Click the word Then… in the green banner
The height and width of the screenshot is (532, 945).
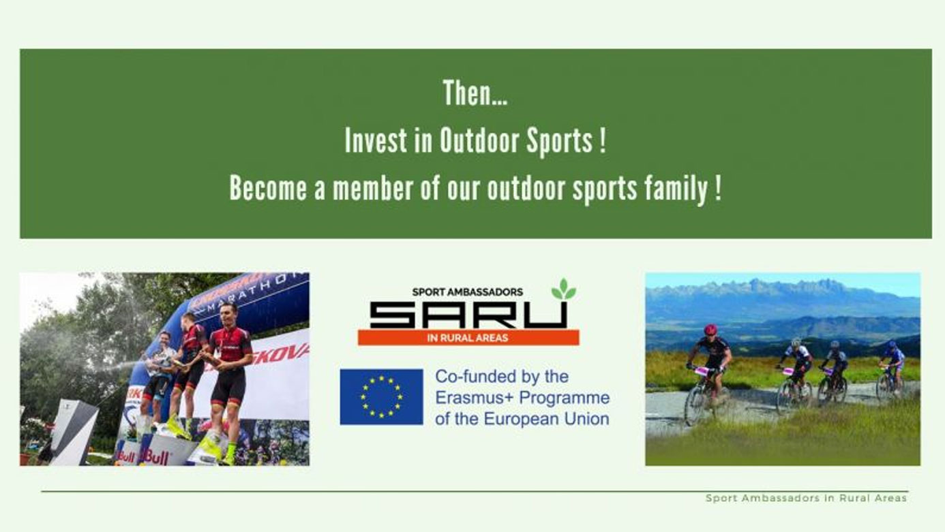(x=475, y=93)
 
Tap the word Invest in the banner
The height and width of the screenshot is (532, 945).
(x=376, y=140)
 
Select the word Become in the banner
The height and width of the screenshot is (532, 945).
(x=268, y=188)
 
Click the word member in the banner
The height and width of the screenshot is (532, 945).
(x=372, y=188)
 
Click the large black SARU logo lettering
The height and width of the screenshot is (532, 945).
(x=468, y=315)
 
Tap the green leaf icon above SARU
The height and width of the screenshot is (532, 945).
(x=564, y=290)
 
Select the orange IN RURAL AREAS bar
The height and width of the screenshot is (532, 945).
(x=468, y=338)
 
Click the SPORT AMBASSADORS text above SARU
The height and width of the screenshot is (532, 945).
(x=468, y=292)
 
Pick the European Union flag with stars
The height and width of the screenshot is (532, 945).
(x=381, y=396)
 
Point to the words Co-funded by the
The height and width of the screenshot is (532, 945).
(x=502, y=377)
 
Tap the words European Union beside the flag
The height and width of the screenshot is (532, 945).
(x=546, y=419)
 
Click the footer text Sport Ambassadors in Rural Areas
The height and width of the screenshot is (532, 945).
(x=806, y=498)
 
